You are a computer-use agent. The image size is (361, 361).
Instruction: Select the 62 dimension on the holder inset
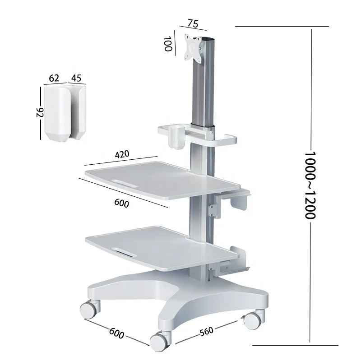54,78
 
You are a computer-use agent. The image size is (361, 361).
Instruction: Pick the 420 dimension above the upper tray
122,154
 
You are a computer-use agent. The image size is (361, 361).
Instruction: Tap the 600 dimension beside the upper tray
122,203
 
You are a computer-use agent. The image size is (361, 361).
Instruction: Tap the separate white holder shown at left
64,113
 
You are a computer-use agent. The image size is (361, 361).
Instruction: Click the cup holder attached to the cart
176,138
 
